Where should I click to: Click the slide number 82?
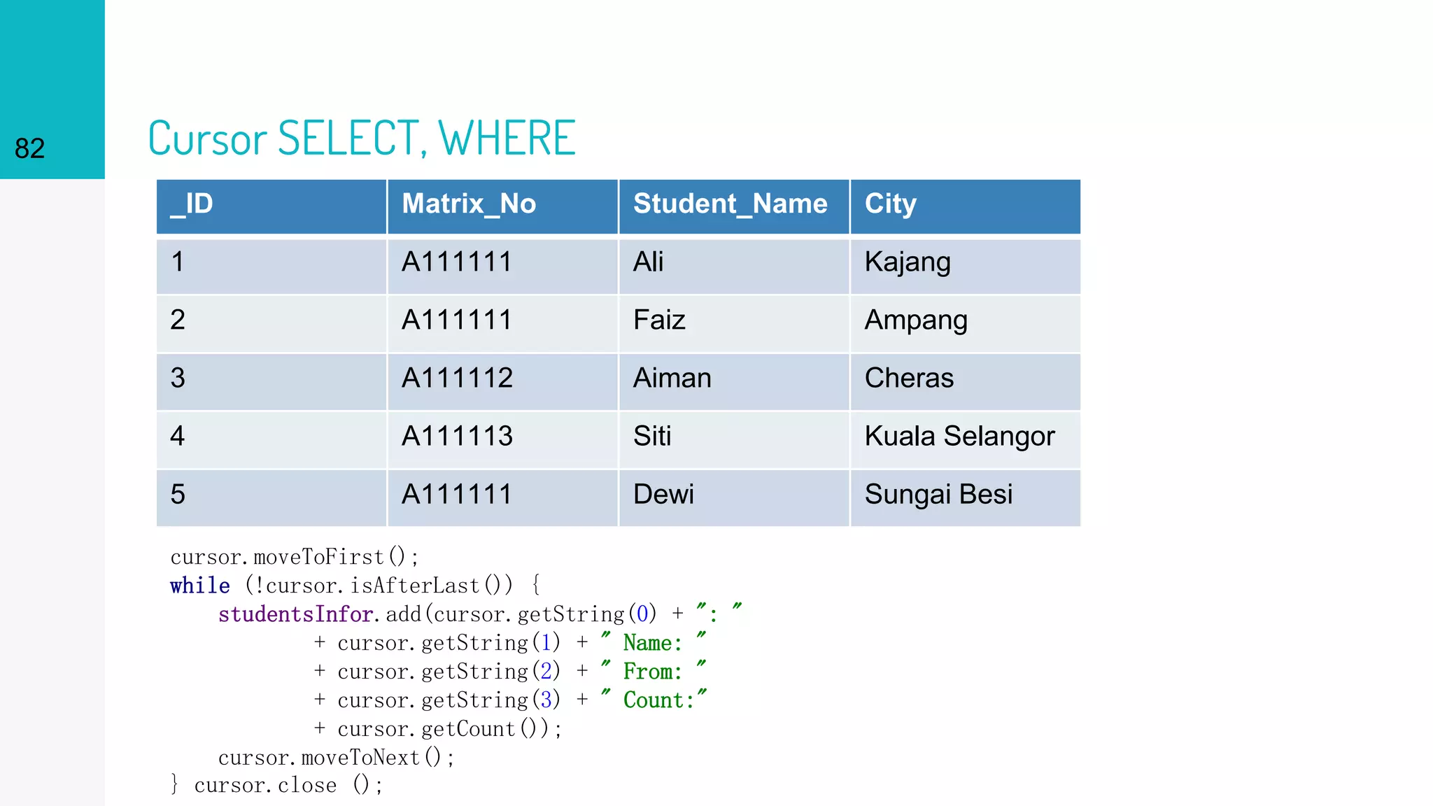pos(29,148)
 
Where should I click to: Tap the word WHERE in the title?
pos(507,138)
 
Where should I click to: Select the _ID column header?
pos(192,204)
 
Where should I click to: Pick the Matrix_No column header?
pos(469,204)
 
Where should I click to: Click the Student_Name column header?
pos(730,204)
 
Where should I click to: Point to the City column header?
pos(890,204)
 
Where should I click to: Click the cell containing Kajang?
pos(908,262)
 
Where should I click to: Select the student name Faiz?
pos(659,320)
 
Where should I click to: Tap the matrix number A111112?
pos(457,379)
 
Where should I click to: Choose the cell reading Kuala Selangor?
pos(959,437)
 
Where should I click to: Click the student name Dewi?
pos(663,495)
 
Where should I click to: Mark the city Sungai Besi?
pos(938,495)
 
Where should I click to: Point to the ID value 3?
pos(178,379)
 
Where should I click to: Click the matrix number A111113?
pos(457,437)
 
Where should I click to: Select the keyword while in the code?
pos(200,586)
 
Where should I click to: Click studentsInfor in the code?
pos(295,614)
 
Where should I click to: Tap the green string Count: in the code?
pos(658,700)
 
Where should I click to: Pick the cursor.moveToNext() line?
pos(336,758)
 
